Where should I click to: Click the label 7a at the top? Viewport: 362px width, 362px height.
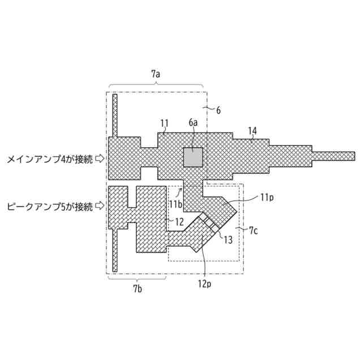click(156, 74)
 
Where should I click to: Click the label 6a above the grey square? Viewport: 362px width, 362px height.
click(193, 122)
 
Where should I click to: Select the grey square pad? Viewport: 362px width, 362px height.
click(192, 157)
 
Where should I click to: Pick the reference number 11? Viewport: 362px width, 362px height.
click(164, 123)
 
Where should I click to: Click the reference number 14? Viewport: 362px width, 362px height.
click(252, 131)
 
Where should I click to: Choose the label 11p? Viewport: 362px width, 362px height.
click(267, 197)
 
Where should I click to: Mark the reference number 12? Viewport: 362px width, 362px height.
click(179, 221)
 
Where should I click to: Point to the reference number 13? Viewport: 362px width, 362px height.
click(228, 240)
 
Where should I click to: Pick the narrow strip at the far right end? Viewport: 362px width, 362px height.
click(333, 156)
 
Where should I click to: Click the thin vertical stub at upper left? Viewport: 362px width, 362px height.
click(114, 115)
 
